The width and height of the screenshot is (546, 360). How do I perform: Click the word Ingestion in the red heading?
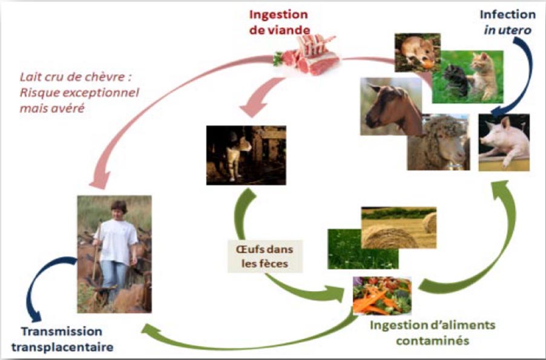(x=278, y=15)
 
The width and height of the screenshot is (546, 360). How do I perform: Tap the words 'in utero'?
(x=507, y=30)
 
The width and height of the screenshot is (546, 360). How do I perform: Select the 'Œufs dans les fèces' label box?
(x=265, y=256)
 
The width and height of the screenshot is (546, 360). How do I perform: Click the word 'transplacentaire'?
(x=62, y=347)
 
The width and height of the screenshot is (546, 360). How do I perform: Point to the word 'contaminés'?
(x=432, y=340)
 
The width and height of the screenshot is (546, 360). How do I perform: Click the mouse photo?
(x=417, y=52)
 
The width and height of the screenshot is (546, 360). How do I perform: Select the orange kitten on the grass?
(x=484, y=75)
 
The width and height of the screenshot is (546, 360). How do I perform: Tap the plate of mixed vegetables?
(x=382, y=295)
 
